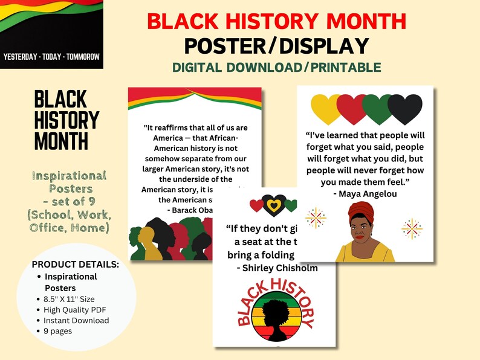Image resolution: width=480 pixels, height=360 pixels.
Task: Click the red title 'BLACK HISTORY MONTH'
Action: [x=276, y=21]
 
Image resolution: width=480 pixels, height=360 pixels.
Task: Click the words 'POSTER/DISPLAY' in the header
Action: [x=276, y=46]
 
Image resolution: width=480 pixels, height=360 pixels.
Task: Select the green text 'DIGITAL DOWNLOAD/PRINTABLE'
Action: [x=276, y=67]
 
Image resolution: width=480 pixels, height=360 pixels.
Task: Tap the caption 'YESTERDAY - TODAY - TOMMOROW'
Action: [x=51, y=57]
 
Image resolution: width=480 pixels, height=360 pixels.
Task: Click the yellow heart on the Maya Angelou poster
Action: [x=326, y=109]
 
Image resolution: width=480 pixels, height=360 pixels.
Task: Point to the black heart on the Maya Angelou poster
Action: [x=404, y=109]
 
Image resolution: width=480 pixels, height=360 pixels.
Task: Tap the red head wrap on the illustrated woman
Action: [x=362, y=212]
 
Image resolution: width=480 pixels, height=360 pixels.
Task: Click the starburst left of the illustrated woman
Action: [x=316, y=217]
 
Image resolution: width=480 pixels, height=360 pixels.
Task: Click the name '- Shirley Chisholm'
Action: [x=277, y=268]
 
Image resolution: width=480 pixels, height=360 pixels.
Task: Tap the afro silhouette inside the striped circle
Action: [x=276, y=314]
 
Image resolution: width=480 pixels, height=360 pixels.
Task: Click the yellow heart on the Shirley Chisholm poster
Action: [x=274, y=206]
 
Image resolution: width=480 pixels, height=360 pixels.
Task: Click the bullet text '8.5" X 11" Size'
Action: [x=69, y=299]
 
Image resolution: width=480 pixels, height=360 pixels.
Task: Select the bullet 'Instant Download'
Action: [x=76, y=320]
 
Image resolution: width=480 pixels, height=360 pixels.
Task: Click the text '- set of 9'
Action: [x=69, y=202]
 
